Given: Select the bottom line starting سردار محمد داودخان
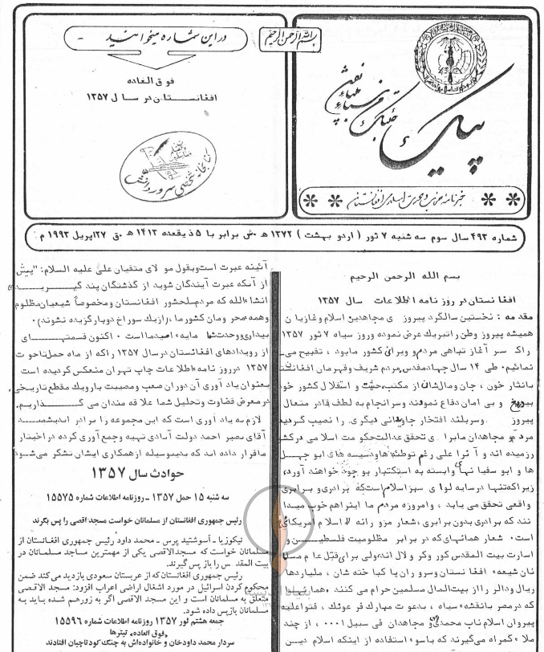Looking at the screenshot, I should tap(136, 643).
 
